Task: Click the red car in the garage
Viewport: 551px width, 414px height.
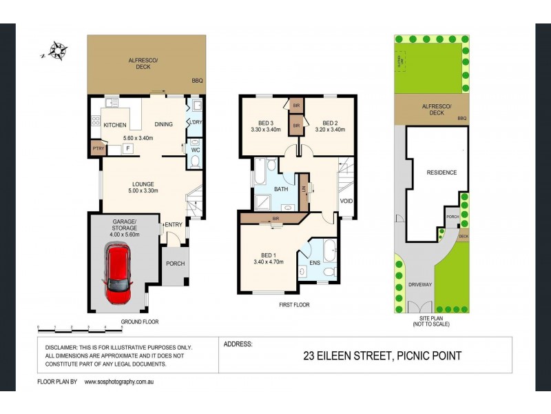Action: [x=119, y=274]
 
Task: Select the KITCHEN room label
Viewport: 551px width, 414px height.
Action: [x=115, y=125]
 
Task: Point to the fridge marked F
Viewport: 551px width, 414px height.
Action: [x=127, y=148]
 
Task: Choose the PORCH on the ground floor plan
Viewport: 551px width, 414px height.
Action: [x=175, y=264]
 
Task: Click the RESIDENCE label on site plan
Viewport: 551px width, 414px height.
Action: [x=441, y=172]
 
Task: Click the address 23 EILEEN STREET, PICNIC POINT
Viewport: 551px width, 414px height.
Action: [x=382, y=356]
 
